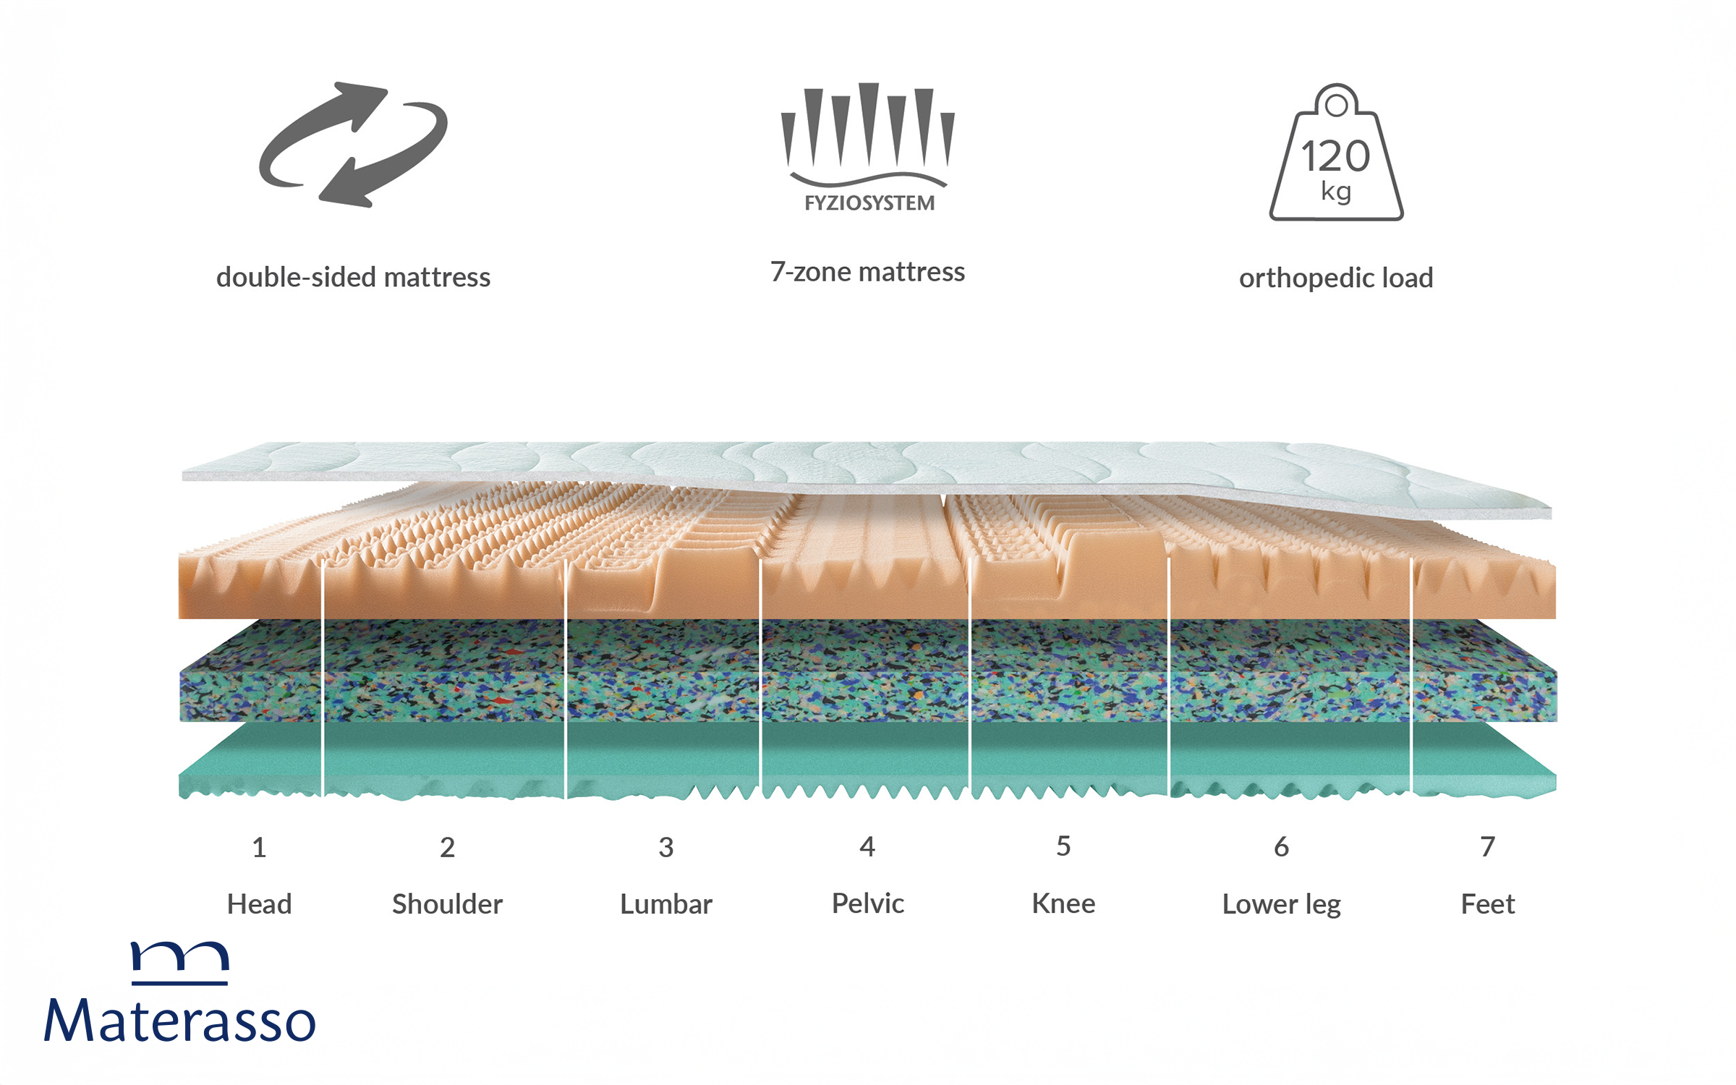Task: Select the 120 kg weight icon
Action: click(1336, 153)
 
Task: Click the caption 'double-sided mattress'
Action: click(353, 277)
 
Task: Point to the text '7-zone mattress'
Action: click(867, 272)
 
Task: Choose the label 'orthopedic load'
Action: click(1336, 278)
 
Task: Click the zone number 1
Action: click(259, 847)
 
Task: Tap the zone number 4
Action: click(867, 846)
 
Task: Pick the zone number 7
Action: click(1487, 846)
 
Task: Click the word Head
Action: click(259, 904)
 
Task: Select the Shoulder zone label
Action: click(447, 904)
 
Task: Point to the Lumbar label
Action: click(666, 904)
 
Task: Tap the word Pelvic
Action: click(868, 903)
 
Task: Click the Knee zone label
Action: click(1063, 903)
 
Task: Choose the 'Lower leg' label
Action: click(1282, 905)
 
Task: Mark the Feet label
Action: click(1488, 904)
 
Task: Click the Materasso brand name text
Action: click(180, 1020)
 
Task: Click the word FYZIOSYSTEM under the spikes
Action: click(869, 203)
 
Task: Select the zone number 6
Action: click(1281, 846)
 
